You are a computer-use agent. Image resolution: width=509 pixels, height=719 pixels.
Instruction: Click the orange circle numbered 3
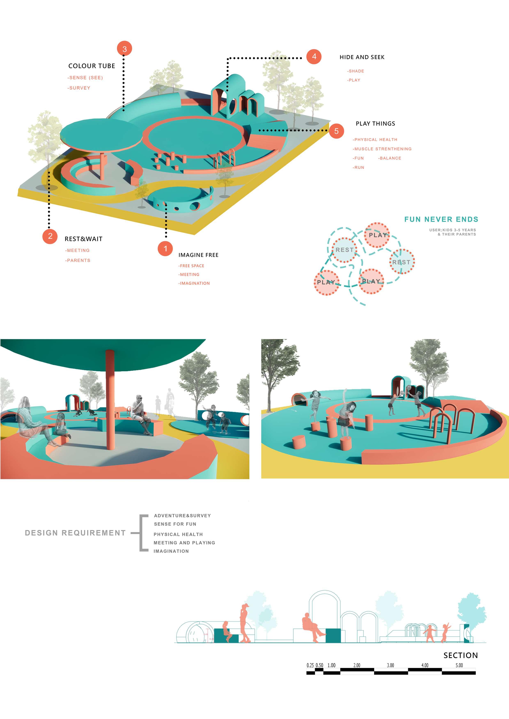[124, 49]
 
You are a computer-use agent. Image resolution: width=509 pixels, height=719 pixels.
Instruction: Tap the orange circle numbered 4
[314, 56]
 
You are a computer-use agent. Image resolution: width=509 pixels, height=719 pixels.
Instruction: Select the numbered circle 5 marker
[336, 131]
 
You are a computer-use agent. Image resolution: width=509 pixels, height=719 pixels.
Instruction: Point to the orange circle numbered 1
[165, 249]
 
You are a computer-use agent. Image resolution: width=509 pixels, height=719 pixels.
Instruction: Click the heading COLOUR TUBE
[92, 66]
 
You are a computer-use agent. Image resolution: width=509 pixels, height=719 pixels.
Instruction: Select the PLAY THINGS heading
[375, 123]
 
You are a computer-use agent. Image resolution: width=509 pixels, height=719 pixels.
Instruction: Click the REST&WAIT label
[83, 239]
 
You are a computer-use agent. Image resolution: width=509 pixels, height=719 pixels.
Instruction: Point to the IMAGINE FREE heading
[198, 255]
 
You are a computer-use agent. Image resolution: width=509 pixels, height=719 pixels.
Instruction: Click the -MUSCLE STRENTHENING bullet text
[382, 149]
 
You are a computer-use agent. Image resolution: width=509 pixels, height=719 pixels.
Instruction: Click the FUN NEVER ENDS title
[441, 219]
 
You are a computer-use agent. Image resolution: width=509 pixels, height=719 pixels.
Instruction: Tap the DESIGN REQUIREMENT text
[75, 533]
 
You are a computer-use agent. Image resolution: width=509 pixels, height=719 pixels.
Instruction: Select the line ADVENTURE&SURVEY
[182, 515]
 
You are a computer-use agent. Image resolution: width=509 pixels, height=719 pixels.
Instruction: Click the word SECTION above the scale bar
[460, 655]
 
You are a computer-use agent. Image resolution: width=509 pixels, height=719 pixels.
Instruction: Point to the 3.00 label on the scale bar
[390, 665]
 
